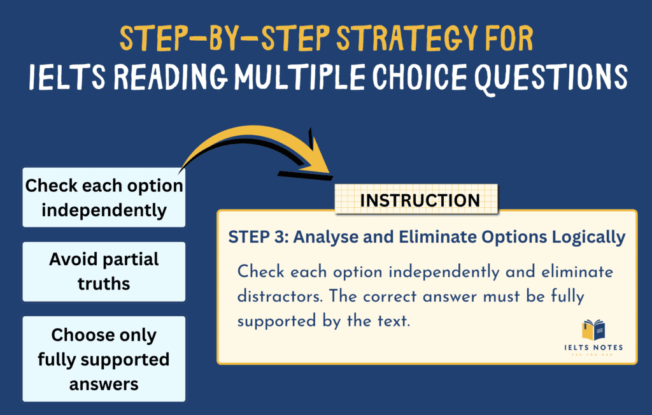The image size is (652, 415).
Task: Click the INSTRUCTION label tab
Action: (420, 200)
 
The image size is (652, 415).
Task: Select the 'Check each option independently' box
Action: (104, 197)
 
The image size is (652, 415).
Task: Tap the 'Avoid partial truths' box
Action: (104, 271)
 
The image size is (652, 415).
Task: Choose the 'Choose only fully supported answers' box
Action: (104, 359)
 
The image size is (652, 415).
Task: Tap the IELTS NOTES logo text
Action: (593, 347)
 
